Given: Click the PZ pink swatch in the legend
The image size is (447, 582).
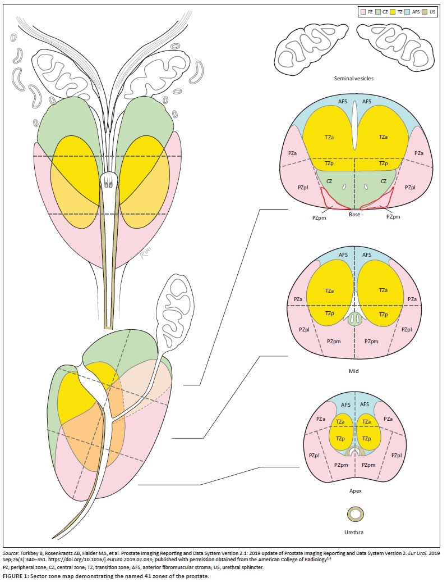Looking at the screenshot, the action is pyautogui.click(x=362, y=12).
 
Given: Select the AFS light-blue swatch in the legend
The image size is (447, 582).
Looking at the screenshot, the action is pyautogui.click(x=407, y=12).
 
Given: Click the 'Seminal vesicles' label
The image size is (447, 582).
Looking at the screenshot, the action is pyautogui.click(x=353, y=78).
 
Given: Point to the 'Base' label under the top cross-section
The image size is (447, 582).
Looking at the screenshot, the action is pyautogui.click(x=354, y=215).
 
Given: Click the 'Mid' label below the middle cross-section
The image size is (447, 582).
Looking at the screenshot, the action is pyautogui.click(x=353, y=371).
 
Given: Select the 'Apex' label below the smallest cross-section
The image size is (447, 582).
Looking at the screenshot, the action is pyautogui.click(x=355, y=490).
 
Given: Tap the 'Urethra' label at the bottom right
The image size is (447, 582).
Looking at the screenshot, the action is pyautogui.click(x=353, y=532).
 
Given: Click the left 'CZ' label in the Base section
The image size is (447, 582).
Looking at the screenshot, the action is pyautogui.click(x=329, y=181).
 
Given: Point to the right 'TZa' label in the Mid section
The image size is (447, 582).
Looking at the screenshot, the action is pyautogui.click(x=383, y=290).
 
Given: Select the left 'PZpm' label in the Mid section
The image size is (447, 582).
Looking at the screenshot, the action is pyautogui.click(x=334, y=342).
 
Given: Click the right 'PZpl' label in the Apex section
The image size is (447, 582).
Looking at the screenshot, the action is pyautogui.click(x=396, y=456).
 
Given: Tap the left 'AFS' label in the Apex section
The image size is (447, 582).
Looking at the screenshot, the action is pyautogui.click(x=345, y=404).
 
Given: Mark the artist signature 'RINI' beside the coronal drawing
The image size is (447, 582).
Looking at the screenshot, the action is pyautogui.click(x=145, y=254).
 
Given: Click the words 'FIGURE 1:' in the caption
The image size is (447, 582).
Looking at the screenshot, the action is pyautogui.click(x=15, y=576).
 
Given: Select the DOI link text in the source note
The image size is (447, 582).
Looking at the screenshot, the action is pyautogui.click(x=100, y=559).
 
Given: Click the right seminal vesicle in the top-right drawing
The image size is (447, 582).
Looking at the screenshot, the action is pyautogui.click(x=395, y=46).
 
